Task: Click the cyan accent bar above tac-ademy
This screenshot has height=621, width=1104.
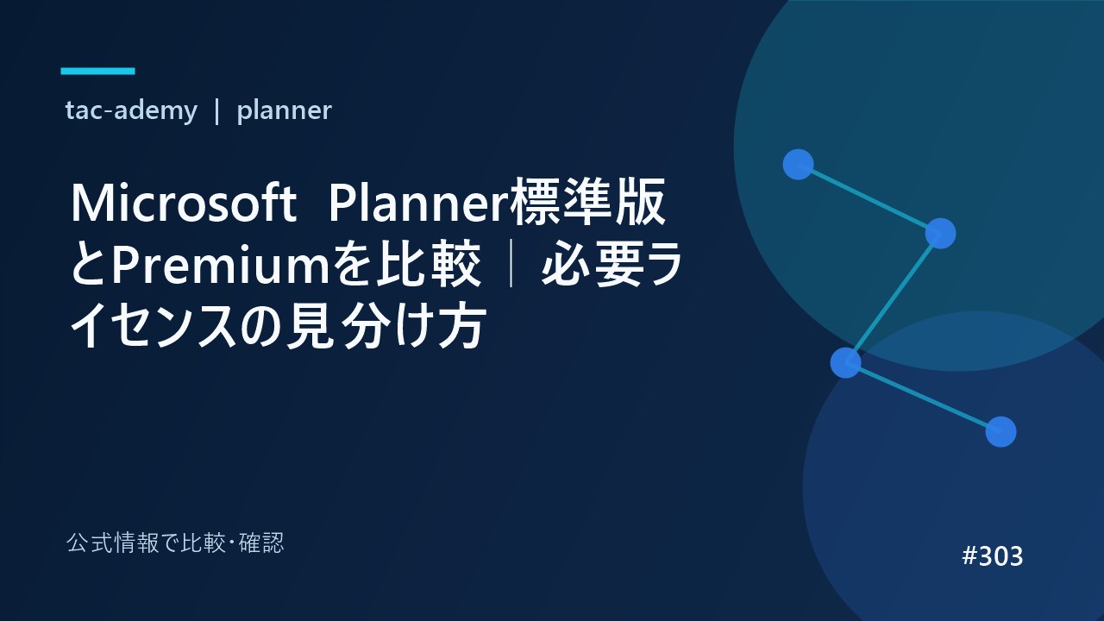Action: (97, 71)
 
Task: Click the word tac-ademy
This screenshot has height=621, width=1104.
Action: (131, 110)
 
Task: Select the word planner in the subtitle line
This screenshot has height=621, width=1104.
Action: (284, 110)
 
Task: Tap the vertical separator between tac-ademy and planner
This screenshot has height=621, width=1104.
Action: (216, 111)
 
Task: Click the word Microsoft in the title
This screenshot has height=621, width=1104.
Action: (184, 204)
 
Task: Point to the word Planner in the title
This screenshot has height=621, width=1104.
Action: (418, 204)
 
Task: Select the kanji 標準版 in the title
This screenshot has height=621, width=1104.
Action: (588, 202)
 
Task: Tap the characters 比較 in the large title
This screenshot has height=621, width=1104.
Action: (428, 265)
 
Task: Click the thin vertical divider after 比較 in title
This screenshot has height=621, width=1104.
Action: (511, 265)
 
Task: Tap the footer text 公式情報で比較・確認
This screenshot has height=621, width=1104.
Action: (175, 543)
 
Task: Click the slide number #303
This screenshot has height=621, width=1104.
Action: (992, 556)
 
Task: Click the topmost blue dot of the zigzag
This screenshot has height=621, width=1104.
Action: (798, 165)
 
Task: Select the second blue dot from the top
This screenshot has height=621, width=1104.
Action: (940, 234)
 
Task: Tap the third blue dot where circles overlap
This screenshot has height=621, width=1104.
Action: (846, 363)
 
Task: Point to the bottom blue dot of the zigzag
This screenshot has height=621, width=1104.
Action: (1001, 432)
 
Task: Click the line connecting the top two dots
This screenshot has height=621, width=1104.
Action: (869, 199)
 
